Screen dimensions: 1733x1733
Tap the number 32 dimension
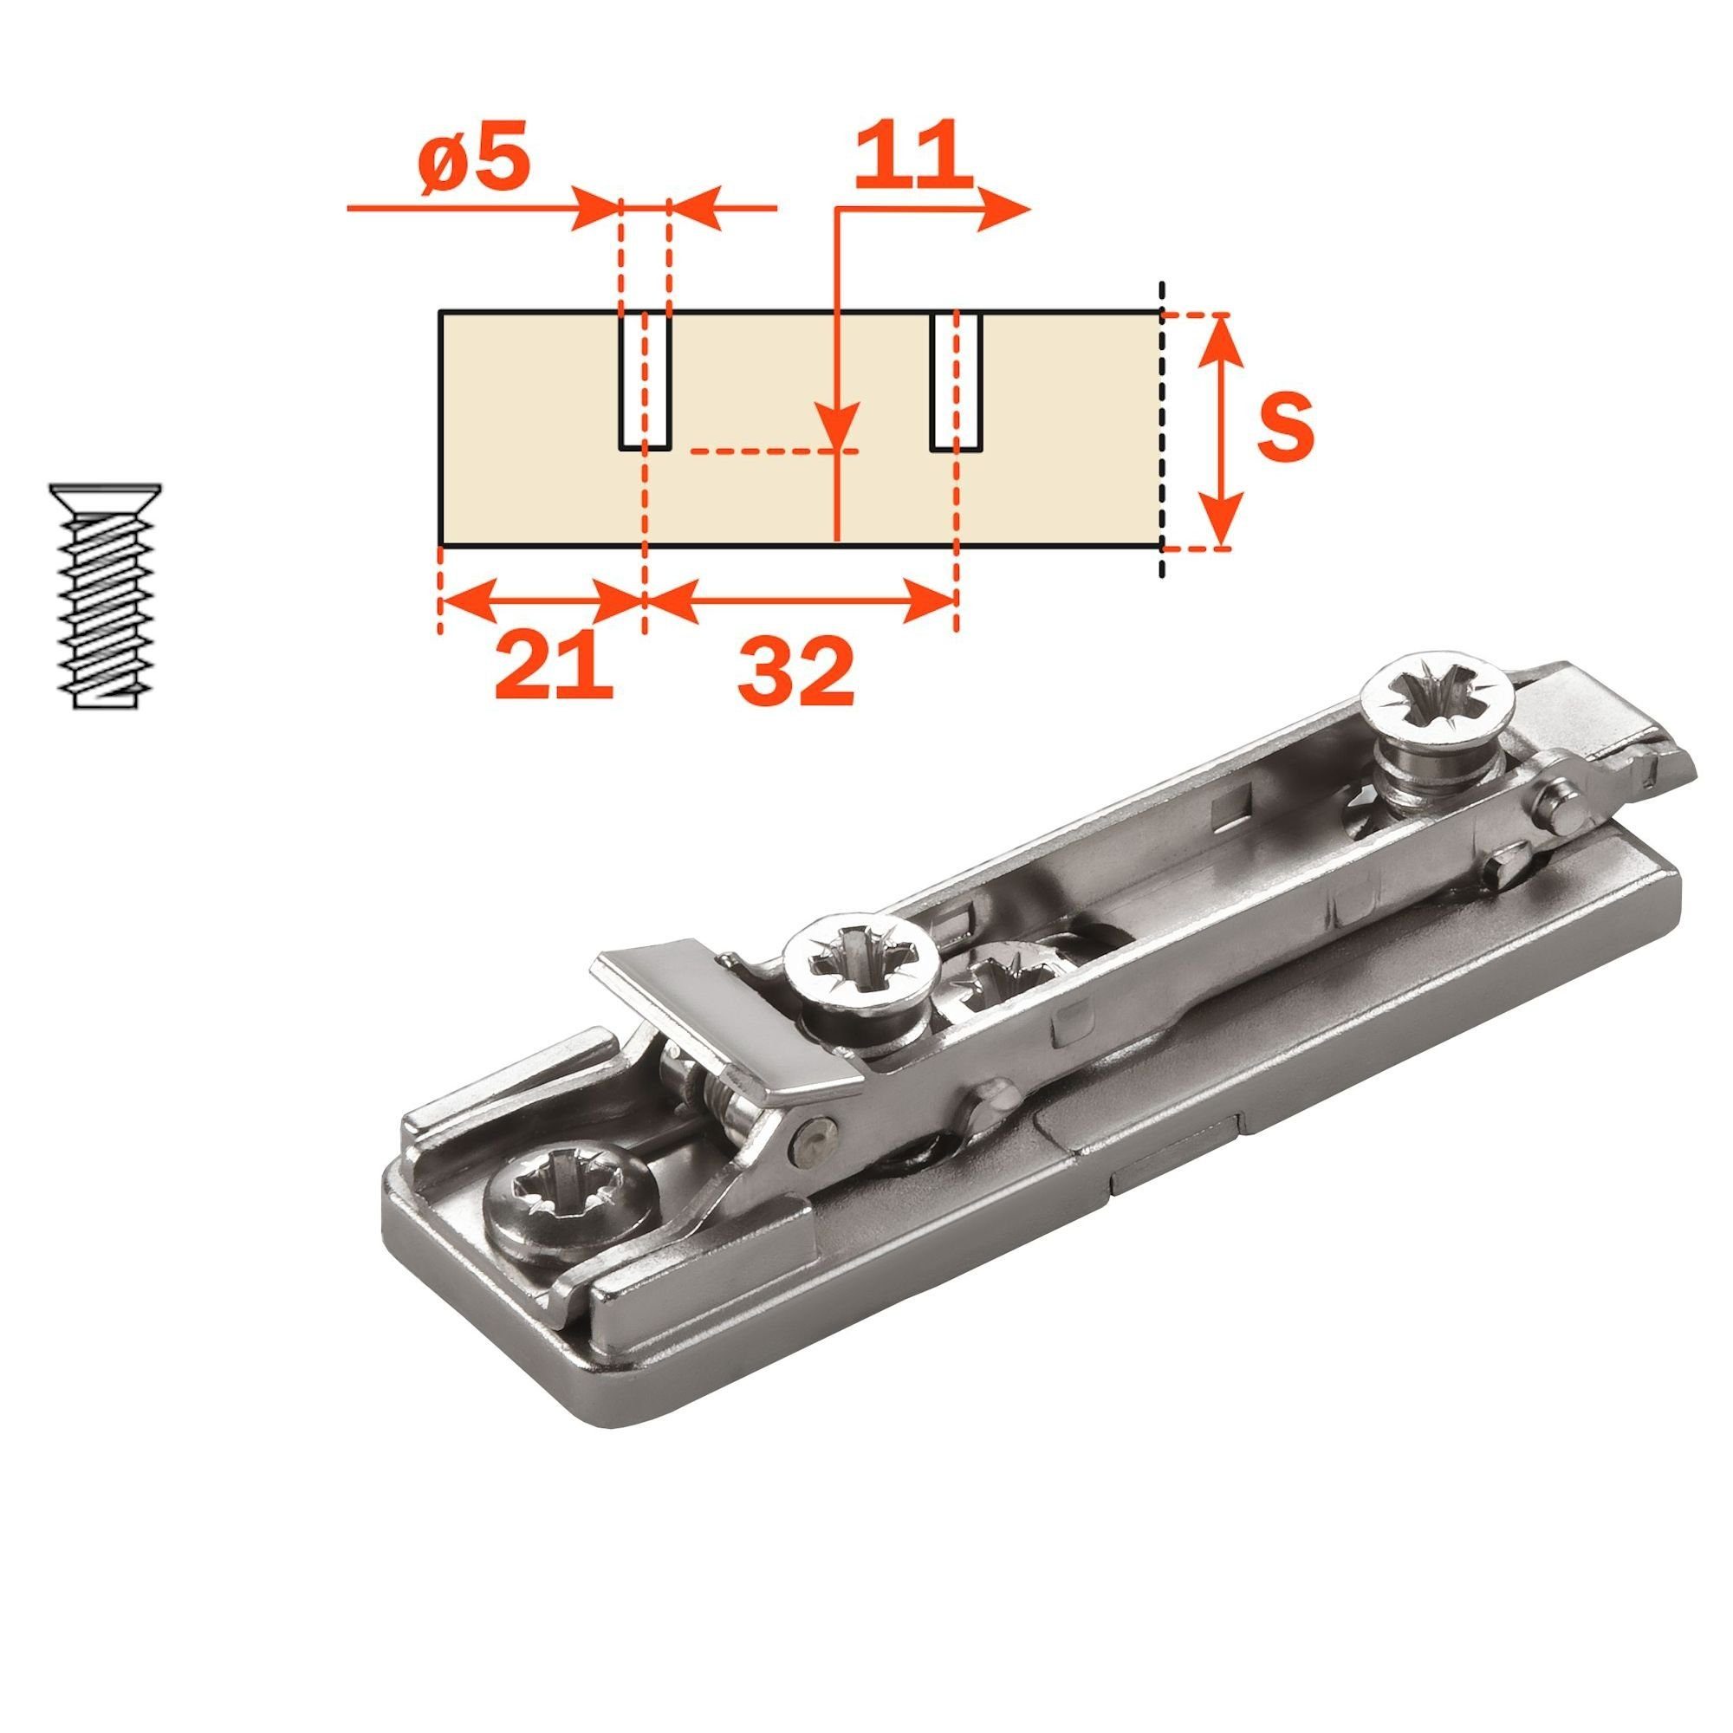pyautogui.click(x=795, y=672)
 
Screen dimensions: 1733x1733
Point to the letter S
pyautogui.click(x=1283, y=428)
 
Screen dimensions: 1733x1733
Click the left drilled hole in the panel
pyautogui.click(x=644, y=381)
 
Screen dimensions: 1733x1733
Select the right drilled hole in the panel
pyautogui.click(x=957, y=381)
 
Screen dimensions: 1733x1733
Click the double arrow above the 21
pyautogui.click(x=542, y=601)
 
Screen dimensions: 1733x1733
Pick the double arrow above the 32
pyautogui.click(x=799, y=601)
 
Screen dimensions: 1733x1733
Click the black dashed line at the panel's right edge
pyautogui.click(x=1163, y=431)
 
